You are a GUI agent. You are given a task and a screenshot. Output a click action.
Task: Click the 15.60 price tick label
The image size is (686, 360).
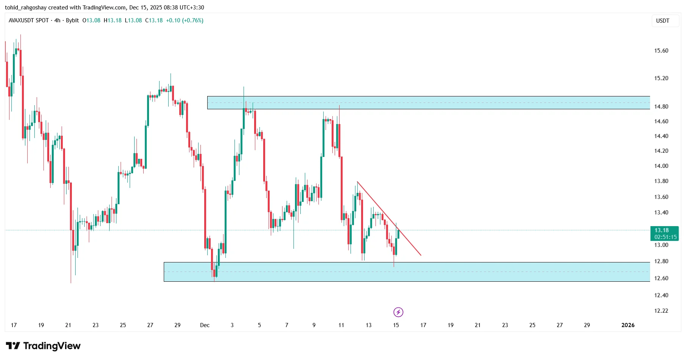[661, 51]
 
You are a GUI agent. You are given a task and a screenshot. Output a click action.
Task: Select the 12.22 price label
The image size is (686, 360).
[661, 311]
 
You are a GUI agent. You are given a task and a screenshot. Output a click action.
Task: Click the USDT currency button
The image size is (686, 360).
[662, 21]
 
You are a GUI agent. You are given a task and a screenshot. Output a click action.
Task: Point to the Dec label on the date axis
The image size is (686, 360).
[205, 325]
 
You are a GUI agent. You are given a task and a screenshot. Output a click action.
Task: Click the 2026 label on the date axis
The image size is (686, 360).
[628, 325]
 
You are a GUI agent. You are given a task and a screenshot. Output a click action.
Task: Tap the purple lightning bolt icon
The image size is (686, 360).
[398, 312]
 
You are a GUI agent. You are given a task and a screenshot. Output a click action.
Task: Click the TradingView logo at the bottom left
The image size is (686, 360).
[43, 346]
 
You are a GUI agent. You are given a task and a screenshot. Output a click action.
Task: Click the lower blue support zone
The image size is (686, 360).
[407, 272]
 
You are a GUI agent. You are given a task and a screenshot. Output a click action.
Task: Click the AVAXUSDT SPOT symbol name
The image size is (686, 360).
[29, 20]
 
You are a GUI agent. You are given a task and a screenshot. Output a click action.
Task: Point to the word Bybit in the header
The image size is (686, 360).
[72, 20]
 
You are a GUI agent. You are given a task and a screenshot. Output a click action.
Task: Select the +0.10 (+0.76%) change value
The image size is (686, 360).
[185, 20]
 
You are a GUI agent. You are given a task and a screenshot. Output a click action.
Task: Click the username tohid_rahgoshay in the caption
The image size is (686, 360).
[25, 8]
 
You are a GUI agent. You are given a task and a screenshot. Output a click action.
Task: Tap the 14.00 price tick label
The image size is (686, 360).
[661, 166]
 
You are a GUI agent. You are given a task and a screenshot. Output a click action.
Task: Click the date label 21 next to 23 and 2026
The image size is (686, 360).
[478, 325]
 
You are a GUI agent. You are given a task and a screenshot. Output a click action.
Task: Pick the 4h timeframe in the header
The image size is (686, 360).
[57, 20]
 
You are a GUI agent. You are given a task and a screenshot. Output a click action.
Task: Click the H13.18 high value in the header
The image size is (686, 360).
[113, 20]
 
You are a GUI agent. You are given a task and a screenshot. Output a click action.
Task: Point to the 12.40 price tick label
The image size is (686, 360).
[661, 295]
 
